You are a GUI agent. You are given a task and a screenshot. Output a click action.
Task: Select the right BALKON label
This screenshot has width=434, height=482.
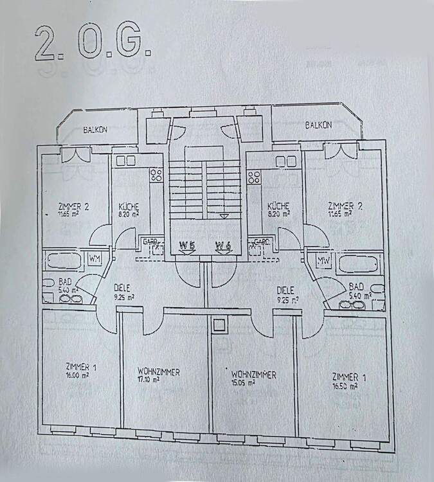tap(318, 125)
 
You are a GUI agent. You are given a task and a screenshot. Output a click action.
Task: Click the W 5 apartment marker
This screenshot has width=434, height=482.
tap(186, 245)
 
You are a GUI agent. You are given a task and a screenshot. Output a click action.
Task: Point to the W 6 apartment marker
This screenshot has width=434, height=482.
tap(223, 245)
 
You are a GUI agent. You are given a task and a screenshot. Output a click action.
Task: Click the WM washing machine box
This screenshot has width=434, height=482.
tap(95, 259)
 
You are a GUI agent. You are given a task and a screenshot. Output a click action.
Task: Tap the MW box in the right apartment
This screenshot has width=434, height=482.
tap(323, 260)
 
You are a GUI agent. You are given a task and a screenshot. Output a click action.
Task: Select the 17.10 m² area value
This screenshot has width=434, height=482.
tap(148, 380)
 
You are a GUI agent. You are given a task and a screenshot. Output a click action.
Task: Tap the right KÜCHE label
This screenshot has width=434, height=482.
tap(279, 206)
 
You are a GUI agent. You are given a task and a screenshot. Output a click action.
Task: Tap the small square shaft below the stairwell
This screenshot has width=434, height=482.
tap(219, 325)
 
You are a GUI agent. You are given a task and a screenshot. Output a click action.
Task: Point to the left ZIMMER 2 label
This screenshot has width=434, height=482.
tap(73, 206)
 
